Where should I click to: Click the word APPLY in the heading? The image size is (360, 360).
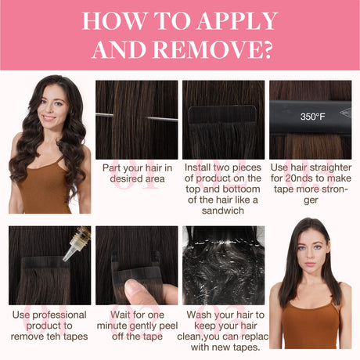tap(236, 21)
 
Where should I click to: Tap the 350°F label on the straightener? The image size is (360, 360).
tap(312, 117)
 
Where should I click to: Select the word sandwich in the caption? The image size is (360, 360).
tap(223, 211)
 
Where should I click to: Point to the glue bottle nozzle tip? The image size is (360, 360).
tap(64, 260)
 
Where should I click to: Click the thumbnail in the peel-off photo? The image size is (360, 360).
tap(132, 286)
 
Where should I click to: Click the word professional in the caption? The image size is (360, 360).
tap(59, 315)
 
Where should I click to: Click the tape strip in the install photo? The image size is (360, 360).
tap(223, 115)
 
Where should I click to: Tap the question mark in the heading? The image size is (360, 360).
tap(266, 49)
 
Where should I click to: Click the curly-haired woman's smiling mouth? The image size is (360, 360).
tap(49, 118)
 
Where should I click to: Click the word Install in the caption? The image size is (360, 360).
tap(197, 167)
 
